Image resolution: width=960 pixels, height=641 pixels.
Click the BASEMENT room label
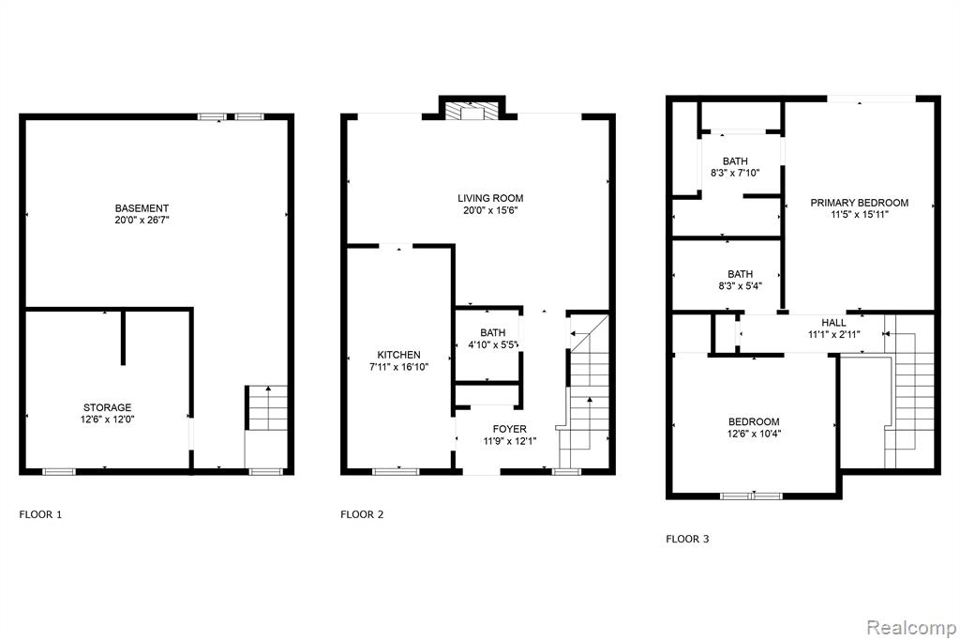pyautogui.click(x=142, y=208)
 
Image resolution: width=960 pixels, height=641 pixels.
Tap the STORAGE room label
pyautogui.click(x=107, y=407)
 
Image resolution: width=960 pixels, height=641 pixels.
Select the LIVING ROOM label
pyautogui.click(x=490, y=198)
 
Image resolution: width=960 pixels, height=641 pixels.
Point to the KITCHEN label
pyautogui.click(x=398, y=355)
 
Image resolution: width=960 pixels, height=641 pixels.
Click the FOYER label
pyautogui.click(x=509, y=429)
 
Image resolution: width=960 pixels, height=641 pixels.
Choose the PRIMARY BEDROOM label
pyautogui.click(x=859, y=203)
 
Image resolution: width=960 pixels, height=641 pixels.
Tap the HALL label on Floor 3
pyautogui.click(x=833, y=322)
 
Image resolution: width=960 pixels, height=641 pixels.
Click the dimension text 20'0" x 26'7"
pyautogui.click(x=142, y=220)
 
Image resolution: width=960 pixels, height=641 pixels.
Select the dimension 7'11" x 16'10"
pyautogui.click(x=398, y=367)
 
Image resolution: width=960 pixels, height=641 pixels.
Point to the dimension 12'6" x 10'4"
pyautogui.click(x=754, y=434)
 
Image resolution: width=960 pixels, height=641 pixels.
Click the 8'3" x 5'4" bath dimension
pyautogui.click(x=741, y=285)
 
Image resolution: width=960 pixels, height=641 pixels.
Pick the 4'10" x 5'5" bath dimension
pyautogui.click(x=493, y=344)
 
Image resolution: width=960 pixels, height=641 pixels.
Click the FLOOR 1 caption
pyautogui.click(x=40, y=514)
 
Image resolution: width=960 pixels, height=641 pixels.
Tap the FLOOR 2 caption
pyautogui.click(x=362, y=514)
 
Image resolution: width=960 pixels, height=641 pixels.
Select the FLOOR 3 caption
pyautogui.click(x=687, y=540)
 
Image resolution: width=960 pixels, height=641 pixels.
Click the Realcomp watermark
pyautogui.click(x=911, y=628)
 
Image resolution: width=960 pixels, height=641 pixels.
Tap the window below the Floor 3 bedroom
pyautogui.click(x=751, y=496)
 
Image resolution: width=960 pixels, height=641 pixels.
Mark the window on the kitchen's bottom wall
pyautogui.click(x=397, y=471)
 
